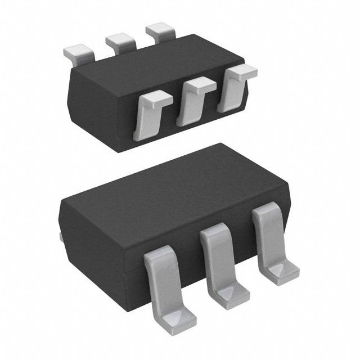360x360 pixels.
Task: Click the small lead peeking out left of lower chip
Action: (60, 236)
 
